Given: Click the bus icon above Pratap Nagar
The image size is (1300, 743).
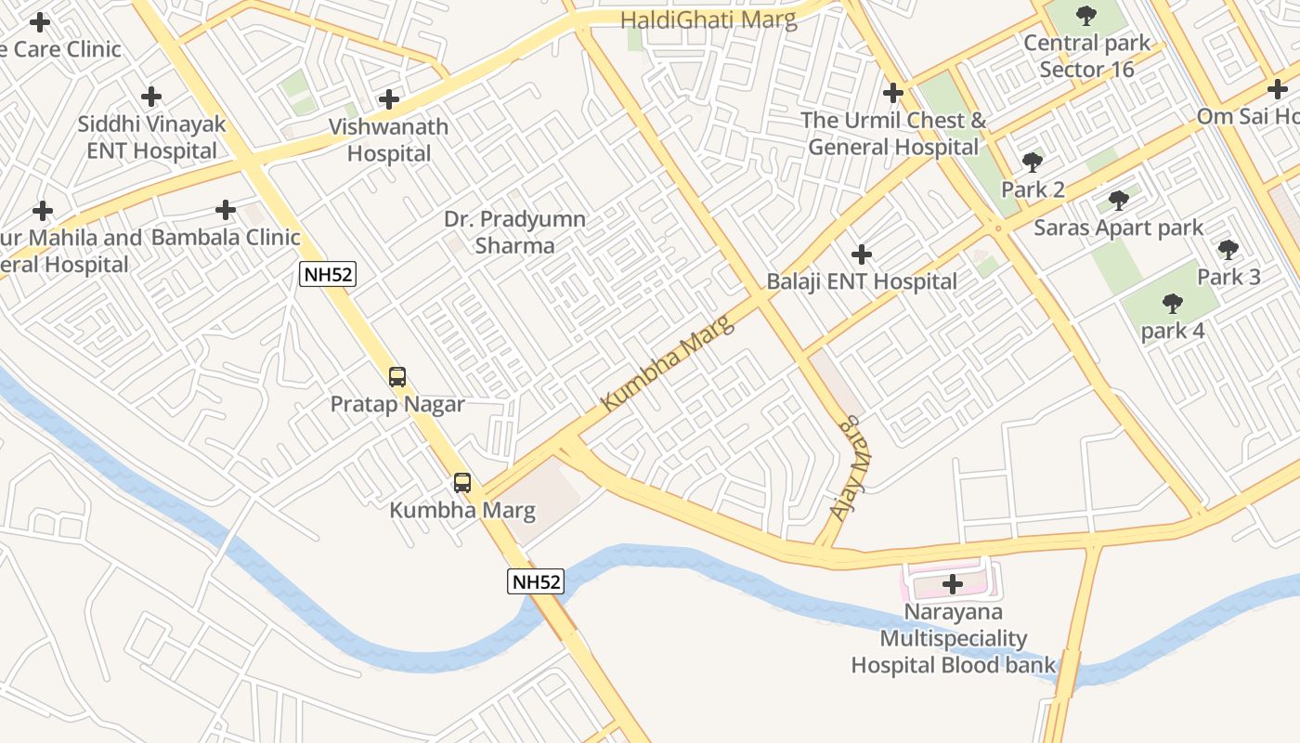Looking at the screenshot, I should (397, 377).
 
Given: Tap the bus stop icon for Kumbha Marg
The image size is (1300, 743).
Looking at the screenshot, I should (461, 483).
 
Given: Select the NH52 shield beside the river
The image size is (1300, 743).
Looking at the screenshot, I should (536, 582).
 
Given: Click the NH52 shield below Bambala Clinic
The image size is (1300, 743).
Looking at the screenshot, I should (328, 273).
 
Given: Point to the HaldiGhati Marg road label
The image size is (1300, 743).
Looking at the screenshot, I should (708, 20).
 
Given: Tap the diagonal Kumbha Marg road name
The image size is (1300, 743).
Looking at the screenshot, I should (667, 363).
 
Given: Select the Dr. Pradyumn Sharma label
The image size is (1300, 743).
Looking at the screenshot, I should (514, 232).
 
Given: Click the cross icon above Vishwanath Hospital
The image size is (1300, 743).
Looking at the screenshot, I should (389, 99).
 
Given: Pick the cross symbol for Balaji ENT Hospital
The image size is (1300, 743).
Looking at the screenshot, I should (862, 254).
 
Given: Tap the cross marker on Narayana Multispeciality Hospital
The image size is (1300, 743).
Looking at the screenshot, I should (953, 584).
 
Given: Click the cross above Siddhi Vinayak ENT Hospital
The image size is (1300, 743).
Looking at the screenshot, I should (151, 97).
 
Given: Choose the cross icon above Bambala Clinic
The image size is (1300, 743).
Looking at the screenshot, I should (226, 210).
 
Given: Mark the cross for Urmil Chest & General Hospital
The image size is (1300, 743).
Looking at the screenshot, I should (893, 93).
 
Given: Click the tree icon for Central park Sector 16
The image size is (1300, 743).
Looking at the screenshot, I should (1086, 16).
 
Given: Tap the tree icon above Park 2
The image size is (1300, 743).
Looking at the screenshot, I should (1033, 163).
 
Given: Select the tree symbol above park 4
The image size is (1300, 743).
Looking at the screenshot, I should (1173, 303).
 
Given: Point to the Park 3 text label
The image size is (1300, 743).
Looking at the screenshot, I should (1228, 277).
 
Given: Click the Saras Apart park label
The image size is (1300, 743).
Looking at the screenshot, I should (1118, 228).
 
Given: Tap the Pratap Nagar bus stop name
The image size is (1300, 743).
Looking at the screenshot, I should (397, 405).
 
